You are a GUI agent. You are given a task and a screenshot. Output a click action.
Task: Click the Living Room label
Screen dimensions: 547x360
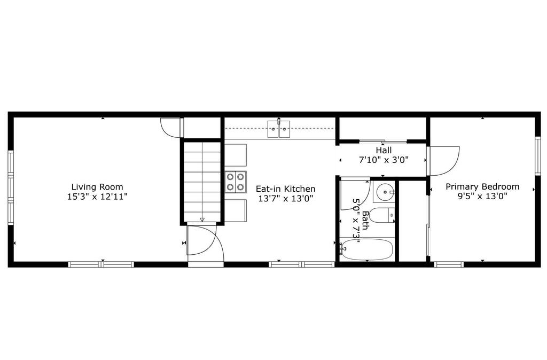[97, 186]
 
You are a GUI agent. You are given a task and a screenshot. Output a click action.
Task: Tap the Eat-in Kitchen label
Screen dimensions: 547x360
[285, 189]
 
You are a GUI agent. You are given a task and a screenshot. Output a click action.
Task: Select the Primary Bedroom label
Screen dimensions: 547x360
[482, 186]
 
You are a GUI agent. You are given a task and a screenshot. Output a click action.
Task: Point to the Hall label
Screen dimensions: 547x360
[384, 150]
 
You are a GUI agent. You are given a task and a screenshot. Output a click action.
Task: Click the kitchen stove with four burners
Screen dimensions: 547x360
[236, 182]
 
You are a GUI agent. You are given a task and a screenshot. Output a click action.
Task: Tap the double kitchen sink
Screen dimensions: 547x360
[279, 129]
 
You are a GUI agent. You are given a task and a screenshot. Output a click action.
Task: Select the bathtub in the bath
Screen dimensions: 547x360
[367, 249]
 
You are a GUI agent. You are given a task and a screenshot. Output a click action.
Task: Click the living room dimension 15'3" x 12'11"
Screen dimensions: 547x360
[97, 197]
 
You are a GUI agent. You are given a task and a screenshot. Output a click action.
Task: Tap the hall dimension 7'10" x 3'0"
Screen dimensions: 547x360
[384, 160]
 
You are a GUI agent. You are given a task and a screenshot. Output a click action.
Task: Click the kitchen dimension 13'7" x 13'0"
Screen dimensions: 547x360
[285, 199]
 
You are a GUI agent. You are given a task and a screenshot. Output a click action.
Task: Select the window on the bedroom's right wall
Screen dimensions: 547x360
[538, 155]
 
